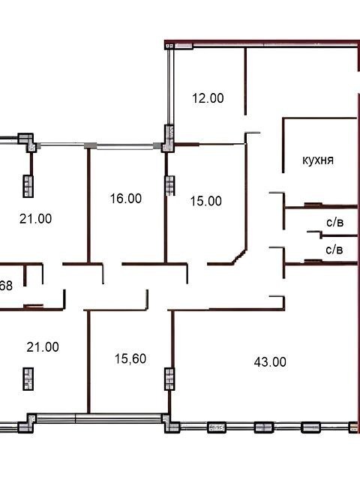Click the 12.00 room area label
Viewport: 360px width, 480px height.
point(208,98)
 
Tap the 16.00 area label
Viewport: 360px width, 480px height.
point(126,198)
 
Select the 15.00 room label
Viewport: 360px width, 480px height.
point(206,201)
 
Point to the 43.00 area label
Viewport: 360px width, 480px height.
point(270,361)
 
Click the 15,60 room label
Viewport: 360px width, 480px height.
point(130,358)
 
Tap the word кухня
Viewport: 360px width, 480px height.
point(318,160)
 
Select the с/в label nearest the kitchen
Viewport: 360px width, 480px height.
point(335,222)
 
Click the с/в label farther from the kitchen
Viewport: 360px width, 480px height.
point(334,250)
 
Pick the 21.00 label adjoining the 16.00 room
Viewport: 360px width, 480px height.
point(35,219)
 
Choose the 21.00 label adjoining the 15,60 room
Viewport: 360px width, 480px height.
point(43,347)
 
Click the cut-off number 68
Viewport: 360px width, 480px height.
point(6,286)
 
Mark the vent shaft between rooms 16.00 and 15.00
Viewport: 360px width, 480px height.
point(169,185)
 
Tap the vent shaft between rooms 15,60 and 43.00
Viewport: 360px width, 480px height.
point(169,379)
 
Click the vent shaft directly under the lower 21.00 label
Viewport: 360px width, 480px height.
point(28,379)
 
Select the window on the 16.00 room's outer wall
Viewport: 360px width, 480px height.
point(125,147)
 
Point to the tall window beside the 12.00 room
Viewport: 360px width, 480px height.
point(170,87)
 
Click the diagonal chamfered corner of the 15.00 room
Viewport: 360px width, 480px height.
point(239,256)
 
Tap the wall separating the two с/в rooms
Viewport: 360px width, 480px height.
point(339,235)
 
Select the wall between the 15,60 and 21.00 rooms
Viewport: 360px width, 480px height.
point(88,361)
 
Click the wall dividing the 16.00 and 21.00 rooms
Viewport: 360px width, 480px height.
point(88,205)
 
